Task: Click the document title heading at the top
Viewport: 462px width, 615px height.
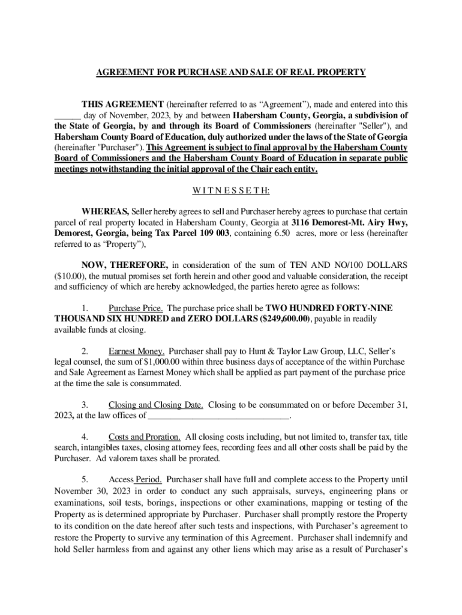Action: pos(231,73)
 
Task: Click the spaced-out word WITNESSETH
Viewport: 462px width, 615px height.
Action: pos(231,191)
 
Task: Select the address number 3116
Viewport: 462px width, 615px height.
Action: pos(295,222)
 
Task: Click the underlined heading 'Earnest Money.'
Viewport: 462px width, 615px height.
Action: pos(136,351)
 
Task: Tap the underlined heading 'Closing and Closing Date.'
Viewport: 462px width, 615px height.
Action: pos(155,405)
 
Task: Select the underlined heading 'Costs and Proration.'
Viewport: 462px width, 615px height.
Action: pos(145,437)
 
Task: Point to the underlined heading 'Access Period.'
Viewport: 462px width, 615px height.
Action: pos(136,480)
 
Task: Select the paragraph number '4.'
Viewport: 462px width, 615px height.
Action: pos(86,437)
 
